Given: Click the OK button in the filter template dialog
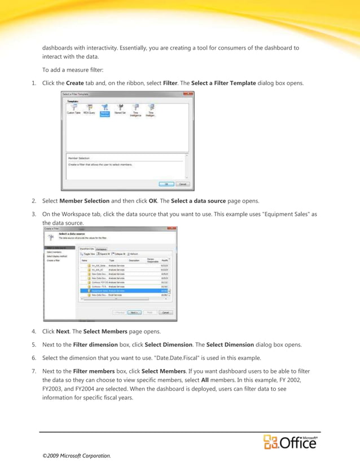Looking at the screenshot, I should coord(166,183).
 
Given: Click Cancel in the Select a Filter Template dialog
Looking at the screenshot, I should coord(182,183).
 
